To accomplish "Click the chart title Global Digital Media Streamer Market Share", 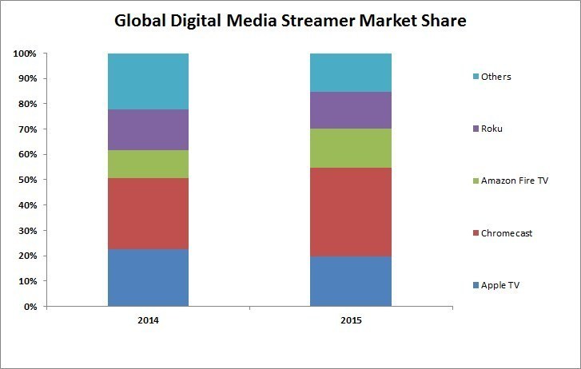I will [290, 20].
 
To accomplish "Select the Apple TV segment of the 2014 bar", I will [148, 278].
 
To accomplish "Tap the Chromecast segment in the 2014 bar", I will [148, 213].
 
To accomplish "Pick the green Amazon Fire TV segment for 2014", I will [148, 164].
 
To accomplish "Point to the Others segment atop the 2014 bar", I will [148, 81].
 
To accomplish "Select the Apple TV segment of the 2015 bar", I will [351, 281].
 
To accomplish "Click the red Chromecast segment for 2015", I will [351, 212].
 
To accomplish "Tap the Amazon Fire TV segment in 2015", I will [351, 148].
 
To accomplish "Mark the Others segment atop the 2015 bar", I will [351, 73].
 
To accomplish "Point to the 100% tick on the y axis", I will [24, 54].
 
